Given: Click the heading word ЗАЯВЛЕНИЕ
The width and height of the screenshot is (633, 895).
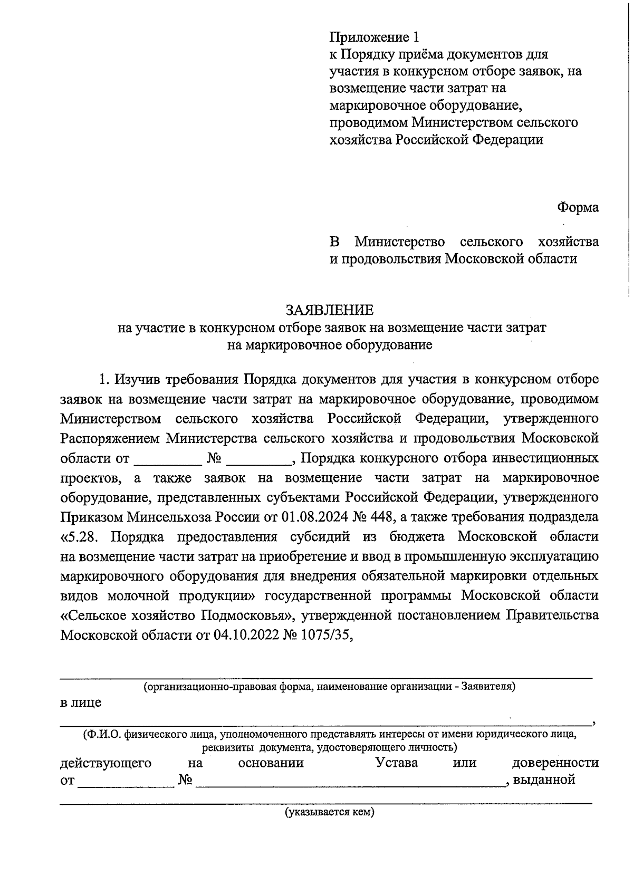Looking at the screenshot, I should click(329, 309).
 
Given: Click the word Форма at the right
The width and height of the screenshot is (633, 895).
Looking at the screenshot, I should click(579, 208).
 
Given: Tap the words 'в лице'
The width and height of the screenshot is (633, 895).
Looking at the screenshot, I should click(81, 702).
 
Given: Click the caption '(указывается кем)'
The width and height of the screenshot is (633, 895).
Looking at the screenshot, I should click(330, 812).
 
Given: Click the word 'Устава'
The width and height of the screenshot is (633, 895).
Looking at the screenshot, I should click(396, 763).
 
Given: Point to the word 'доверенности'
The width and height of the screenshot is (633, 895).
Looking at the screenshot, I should click(555, 763).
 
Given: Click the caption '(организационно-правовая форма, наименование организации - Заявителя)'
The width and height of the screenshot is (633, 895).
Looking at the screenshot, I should click(329, 686).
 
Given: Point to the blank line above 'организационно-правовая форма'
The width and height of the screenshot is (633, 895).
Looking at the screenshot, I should click(325, 675).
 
